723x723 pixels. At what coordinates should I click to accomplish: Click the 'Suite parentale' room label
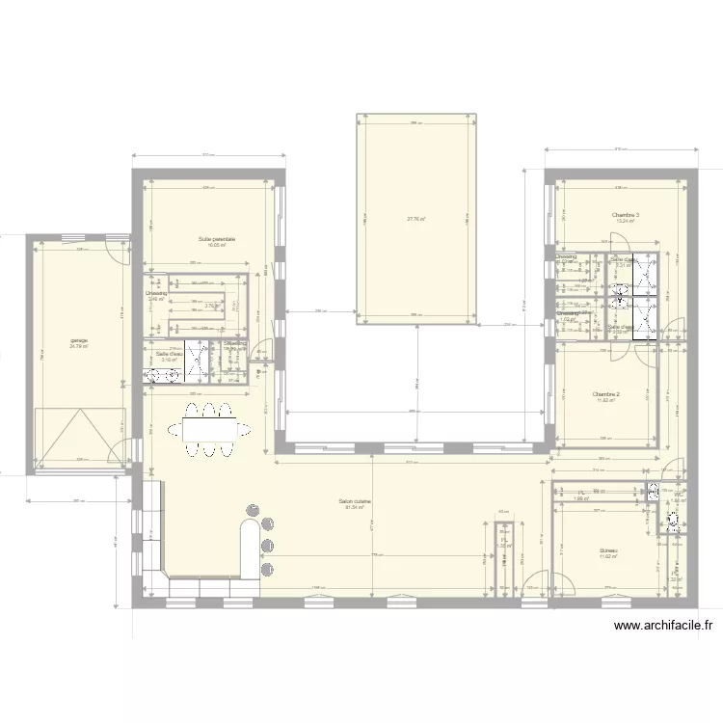[217, 239]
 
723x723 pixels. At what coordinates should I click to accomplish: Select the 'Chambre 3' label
[626, 215]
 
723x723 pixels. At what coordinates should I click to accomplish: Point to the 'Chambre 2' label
[605, 393]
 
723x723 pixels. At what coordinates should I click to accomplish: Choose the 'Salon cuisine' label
[355, 501]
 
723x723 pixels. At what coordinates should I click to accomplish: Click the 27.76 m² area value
[416, 219]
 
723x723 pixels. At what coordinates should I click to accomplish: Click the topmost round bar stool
[254, 509]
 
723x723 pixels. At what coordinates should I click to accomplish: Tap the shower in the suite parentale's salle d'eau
[198, 360]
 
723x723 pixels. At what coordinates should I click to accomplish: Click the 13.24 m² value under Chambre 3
[626, 221]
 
